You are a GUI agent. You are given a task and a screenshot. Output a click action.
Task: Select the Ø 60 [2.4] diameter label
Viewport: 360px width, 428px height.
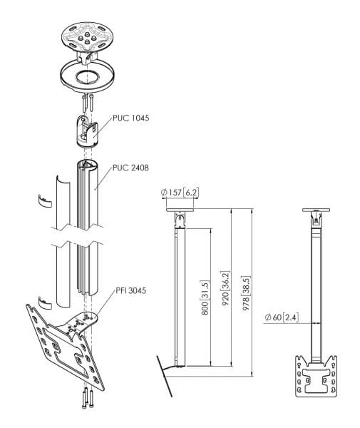(279, 317)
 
